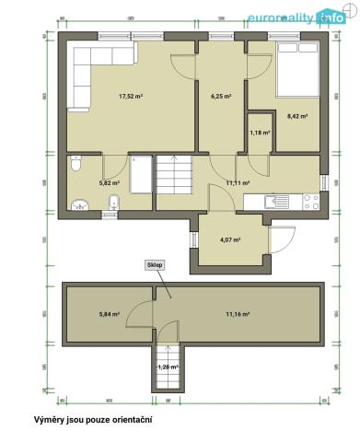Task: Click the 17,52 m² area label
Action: [130, 95]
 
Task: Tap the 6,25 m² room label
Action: [220, 95]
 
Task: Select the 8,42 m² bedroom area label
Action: [296, 116]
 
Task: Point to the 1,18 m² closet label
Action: [260, 133]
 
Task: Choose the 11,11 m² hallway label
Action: [238, 182]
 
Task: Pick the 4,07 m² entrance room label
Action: [229, 239]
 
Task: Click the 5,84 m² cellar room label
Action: [110, 314]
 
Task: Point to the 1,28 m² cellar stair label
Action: [167, 367]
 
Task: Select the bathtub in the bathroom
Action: [141, 174]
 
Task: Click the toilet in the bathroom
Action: [77, 166]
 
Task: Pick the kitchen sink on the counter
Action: [273, 200]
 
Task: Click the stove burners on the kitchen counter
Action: [310, 200]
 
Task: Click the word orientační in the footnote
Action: [137, 420]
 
